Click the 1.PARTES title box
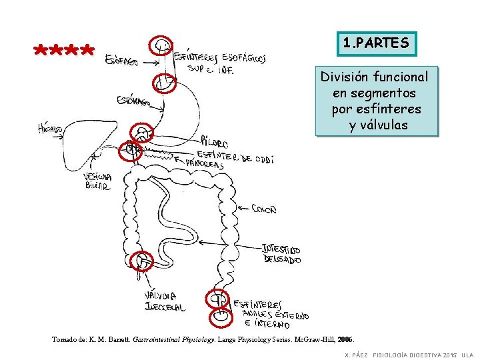pos(376,44)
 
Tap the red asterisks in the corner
pos(65,51)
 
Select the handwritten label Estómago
pos(133,101)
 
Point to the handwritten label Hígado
pos(51,128)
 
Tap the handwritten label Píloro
pos(214,143)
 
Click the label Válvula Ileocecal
pos(164,301)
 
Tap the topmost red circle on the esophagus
pos(161,46)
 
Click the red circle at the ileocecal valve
pos(142,262)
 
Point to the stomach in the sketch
pos(183,110)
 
